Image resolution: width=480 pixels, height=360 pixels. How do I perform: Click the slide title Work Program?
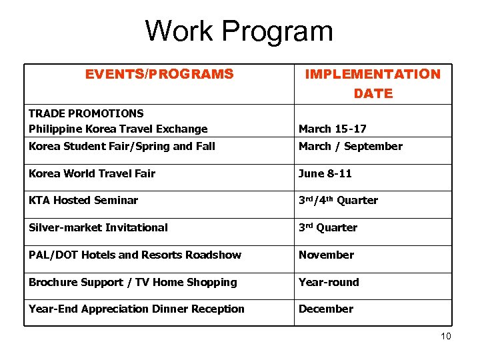pyautogui.click(x=239, y=31)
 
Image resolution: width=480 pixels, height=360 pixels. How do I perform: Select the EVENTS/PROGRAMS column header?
pyautogui.click(x=159, y=74)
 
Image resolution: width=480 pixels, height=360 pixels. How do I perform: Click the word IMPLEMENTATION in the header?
pyautogui.click(x=373, y=74)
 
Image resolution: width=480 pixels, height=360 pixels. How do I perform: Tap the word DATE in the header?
pyautogui.click(x=373, y=94)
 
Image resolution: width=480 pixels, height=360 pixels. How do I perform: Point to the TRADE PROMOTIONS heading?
pyautogui.click(x=86, y=113)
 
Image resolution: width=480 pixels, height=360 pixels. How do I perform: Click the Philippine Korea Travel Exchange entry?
pyautogui.click(x=118, y=129)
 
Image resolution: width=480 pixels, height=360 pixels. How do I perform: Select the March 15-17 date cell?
pyautogui.click(x=332, y=129)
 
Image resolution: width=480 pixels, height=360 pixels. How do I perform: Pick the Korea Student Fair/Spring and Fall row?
pyautogui.click(x=122, y=146)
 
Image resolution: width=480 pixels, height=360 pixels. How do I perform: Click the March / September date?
pyautogui.click(x=350, y=146)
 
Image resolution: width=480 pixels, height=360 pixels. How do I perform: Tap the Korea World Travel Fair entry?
pyautogui.click(x=92, y=173)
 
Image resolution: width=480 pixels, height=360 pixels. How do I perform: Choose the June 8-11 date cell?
pyautogui.click(x=325, y=173)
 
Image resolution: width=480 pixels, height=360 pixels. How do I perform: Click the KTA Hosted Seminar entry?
pyautogui.click(x=83, y=200)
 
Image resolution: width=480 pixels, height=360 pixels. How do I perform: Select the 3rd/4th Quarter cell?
pyautogui.click(x=338, y=200)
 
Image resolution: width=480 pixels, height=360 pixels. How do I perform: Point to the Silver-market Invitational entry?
pyautogui.click(x=98, y=227)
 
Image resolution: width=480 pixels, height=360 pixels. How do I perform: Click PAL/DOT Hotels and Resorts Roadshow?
pyautogui.click(x=135, y=255)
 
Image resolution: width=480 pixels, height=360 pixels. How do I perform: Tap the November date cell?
pyautogui.click(x=326, y=255)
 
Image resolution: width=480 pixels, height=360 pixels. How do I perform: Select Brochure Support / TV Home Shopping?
pyautogui.click(x=133, y=282)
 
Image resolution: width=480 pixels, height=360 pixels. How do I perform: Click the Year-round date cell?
pyautogui.click(x=329, y=282)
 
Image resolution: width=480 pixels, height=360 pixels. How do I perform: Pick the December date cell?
pyautogui.click(x=325, y=309)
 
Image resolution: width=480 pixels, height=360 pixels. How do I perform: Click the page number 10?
pyautogui.click(x=445, y=336)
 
